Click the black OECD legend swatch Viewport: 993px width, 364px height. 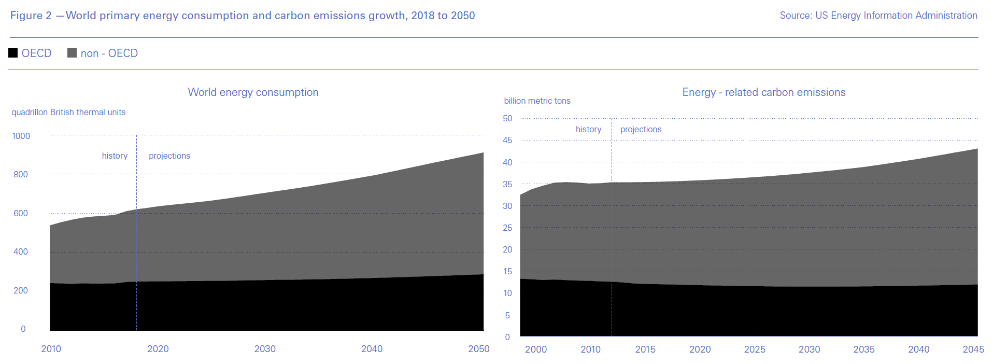pos(13,53)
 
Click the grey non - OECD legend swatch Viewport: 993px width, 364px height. pos(72,53)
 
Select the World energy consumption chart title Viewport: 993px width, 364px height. pos(253,92)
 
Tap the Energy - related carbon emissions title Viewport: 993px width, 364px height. pos(763,92)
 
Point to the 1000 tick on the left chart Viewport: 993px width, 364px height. pos(21,136)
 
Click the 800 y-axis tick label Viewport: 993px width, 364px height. pos(21,174)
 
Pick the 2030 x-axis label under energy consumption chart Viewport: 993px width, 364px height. pos(265,349)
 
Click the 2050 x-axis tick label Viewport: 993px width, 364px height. pos(478,349)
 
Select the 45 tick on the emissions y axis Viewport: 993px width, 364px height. pos(507,140)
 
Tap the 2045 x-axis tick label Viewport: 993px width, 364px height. pos(973,349)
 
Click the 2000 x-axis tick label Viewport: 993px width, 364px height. pos(536,349)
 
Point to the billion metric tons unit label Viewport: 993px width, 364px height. pos(537,101)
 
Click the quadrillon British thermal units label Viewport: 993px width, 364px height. pos(68,112)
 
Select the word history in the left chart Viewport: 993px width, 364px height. pos(115,156)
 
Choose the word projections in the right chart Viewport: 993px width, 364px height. pos(641,129)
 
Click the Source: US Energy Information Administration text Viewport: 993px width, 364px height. pos(878,16)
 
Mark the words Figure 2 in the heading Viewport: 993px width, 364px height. pos(31,16)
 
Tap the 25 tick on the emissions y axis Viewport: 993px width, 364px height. pos(507,228)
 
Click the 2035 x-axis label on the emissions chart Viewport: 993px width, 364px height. pos(864,349)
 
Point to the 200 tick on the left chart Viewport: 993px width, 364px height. pos(21,290)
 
